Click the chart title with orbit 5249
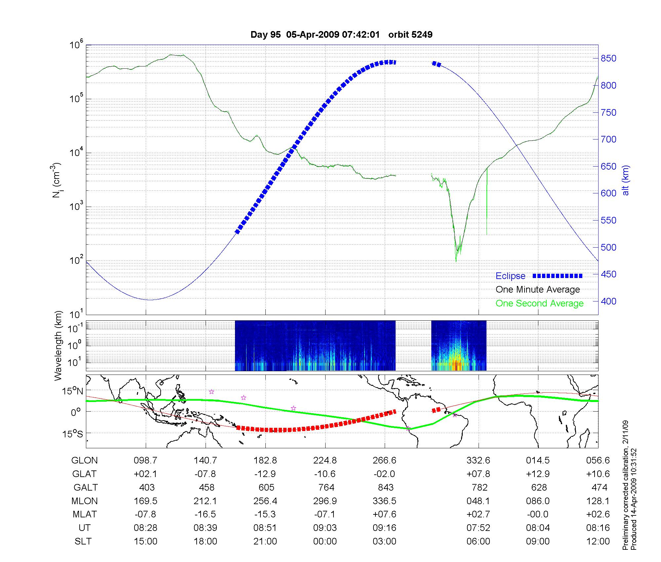pyautogui.click(x=341, y=35)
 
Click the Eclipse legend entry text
pyautogui.click(x=510, y=276)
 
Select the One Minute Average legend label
pyautogui.click(x=538, y=290)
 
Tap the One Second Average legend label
pyautogui.click(x=539, y=303)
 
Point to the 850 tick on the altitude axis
pyautogui.click(x=608, y=59)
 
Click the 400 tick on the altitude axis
pyautogui.click(x=608, y=301)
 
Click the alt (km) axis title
pyautogui.click(x=626, y=181)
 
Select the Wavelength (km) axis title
pyautogui.click(x=58, y=345)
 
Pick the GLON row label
pyautogui.click(x=85, y=461)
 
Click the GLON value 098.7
pyautogui.click(x=146, y=461)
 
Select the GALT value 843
pyautogui.click(x=386, y=488)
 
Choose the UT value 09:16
pyautogui.click(x=385, y=528)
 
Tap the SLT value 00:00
pyautogui.click(x=325, y=542)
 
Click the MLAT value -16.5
pyautogui.click(x=205, y=514)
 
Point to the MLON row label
pyautogui.click(x=85, y=501)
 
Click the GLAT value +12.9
pyautogui.click(x=538, y=474)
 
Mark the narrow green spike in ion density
pyautogui.click(x=487, y=202)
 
